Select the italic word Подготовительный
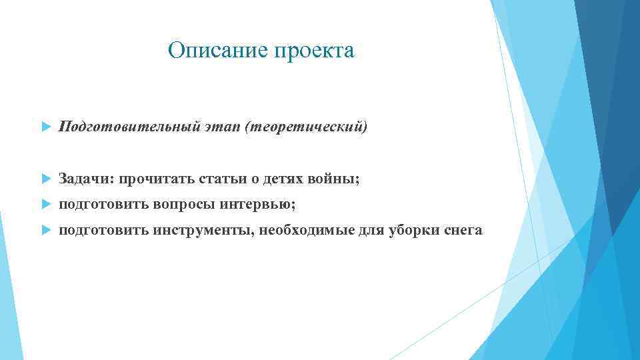pos(127,127)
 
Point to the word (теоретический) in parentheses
pos(306,127)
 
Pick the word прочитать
pos(150,179)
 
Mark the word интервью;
pos(259,205)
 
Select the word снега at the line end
pos(462,231)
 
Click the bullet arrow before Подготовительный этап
pos(45,127)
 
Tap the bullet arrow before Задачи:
pos(45,179)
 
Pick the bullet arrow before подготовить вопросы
pos(45,205)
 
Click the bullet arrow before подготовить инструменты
pos(45,231)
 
